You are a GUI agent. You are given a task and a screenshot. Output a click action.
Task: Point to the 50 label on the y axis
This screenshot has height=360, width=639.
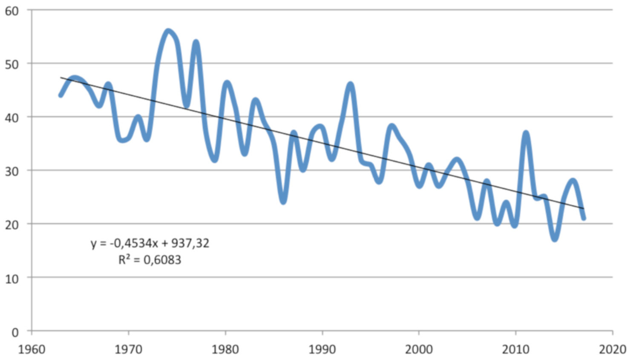pyautogui.click(x=12, y=64)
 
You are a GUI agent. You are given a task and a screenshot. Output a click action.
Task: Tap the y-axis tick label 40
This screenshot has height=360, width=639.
pyautogui.click(x=12, y=118)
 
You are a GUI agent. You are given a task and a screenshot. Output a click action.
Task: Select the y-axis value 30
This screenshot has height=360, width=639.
pyautogui.click(x=12, y=171)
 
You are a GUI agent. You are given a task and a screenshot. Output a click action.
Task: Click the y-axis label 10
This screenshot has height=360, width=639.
pyautogui.click(x=12, y=279)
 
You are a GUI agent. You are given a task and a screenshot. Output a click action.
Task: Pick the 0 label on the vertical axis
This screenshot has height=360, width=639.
pyautogui.click(x=15, y=332)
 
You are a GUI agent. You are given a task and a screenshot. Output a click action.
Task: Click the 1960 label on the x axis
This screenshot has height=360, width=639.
pyautogui.click(x=32, y=350)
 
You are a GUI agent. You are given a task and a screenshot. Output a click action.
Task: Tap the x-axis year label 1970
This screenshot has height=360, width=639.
pyautogui.click(x=128, y=350)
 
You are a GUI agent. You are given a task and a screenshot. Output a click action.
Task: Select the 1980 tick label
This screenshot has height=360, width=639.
pyautogui.click(x=225, y=350)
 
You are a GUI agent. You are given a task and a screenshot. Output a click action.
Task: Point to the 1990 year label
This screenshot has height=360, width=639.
pyautogui.click(x=322, y=350)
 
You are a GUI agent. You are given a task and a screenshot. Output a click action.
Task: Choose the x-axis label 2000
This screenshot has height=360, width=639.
pyautogui.click(x=419, y=350)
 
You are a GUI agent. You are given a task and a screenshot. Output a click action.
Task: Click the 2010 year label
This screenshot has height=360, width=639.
pyautogui.click(x=516, y=350)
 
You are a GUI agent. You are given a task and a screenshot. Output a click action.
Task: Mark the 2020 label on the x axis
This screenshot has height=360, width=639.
pyautogui.click(x=613, y=350)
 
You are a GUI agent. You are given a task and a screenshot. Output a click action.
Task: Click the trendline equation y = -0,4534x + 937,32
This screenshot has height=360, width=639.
pyautogui.click(x=150, y=243)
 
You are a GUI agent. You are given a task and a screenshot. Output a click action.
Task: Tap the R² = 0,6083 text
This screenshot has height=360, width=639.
pyautogui.click(x=150, y=259)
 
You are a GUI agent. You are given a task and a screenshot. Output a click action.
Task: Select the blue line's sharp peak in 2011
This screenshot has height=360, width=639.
pyautogui.click(x=526, y=134)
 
